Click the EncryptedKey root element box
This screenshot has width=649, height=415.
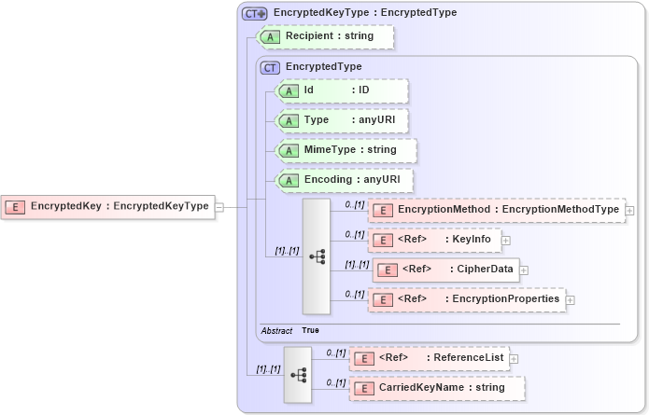pyautogui.click(x=107, y=206)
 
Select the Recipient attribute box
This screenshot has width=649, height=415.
pyautogui.click(x=326, y=36)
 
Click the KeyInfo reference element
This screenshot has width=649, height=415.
pyautogui.click(x=434, y=240)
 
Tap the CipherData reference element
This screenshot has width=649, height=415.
pyautogui.click(x=445, y=270)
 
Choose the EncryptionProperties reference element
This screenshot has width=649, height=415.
pyautogui.click(x=467, y=299)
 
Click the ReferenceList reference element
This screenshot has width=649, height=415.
pyautogui.click(x=428, y=358)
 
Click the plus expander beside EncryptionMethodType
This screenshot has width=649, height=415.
pyautogui.click(x=629, y=211)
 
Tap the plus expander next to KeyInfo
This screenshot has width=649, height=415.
pyautogui.click(x=505, y=241)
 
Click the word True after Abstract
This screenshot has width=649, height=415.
pyautogui.click(x=310, y=331)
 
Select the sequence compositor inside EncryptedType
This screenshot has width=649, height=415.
pyautogui.click(x=316, y=256)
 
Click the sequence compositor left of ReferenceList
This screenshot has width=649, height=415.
pyautogui.click(x=298, y=374)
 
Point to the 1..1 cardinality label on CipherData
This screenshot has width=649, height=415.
pyautogui.click(x=357, y=264)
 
